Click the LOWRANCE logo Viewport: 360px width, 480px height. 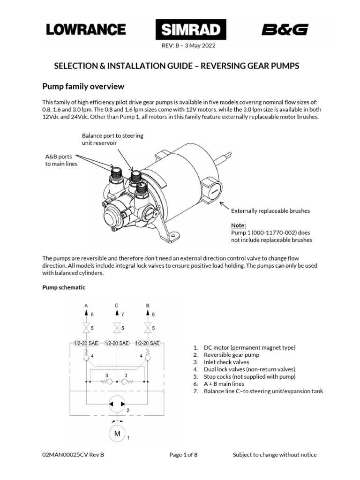pos(85,30)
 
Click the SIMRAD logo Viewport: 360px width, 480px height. pos(191,30)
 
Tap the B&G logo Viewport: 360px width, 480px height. pos(285,30)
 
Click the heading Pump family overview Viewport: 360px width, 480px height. pos(83,86)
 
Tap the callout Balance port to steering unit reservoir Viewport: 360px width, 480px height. pos(112,139)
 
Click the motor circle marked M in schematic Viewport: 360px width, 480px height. pos(117,434)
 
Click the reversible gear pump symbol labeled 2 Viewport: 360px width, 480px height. pos(117,404)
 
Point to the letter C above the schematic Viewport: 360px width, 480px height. pos(117,306)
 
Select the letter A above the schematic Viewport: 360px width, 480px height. pos(86,306)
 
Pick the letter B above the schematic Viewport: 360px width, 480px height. pos(148,306)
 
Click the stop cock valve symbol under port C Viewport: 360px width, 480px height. pos(117,327)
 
